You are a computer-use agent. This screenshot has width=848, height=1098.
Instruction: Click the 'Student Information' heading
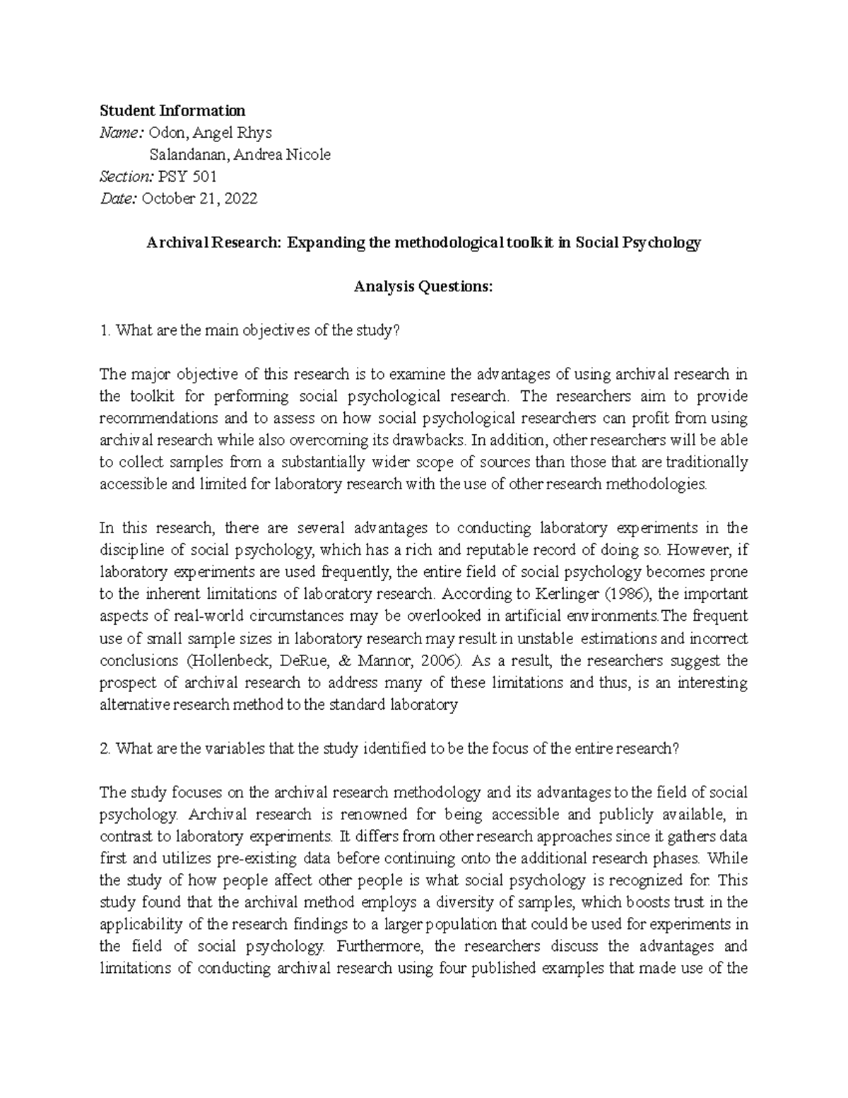(172, 110)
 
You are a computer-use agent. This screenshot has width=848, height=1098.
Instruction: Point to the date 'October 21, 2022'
(200, 199)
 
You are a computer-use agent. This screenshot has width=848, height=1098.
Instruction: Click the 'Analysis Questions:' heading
(423, 286)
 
